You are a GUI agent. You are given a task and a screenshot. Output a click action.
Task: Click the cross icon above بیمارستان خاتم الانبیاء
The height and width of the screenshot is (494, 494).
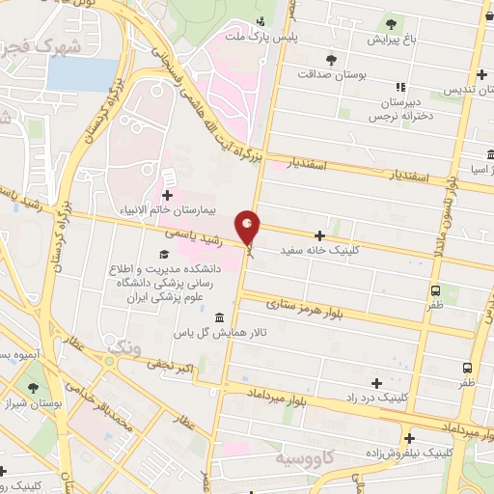point(167,195)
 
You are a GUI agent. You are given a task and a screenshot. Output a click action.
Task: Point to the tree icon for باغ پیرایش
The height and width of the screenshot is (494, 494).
point(390,24)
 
